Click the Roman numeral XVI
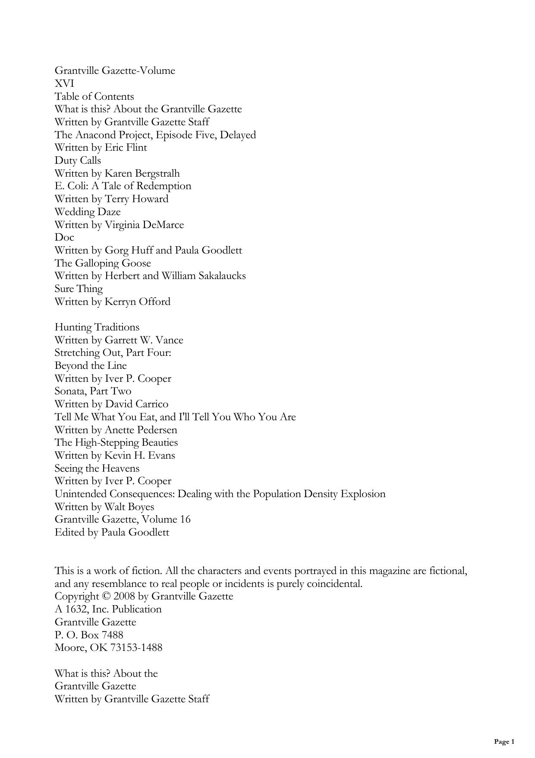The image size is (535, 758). (x=64, y=83)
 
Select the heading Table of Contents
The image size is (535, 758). (x=94, y=96)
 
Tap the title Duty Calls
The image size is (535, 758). (x=78, y=161)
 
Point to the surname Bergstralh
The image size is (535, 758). (x=157, y=174)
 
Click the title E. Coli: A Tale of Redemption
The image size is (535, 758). (x=123, y=186)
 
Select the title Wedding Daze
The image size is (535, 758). (x=87, y=212)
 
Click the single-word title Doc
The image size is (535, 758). (x=64, y=238)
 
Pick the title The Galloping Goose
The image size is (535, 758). (x=103, y=263)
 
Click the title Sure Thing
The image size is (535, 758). (x=79, y=289)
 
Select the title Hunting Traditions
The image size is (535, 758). (x=97, y=327)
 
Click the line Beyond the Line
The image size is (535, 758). (x=91, y=366)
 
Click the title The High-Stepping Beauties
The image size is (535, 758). (x=116, y=443)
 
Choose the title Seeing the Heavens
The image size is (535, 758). (x=97, y=469)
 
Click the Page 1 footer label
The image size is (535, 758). (x=504, y=742)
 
